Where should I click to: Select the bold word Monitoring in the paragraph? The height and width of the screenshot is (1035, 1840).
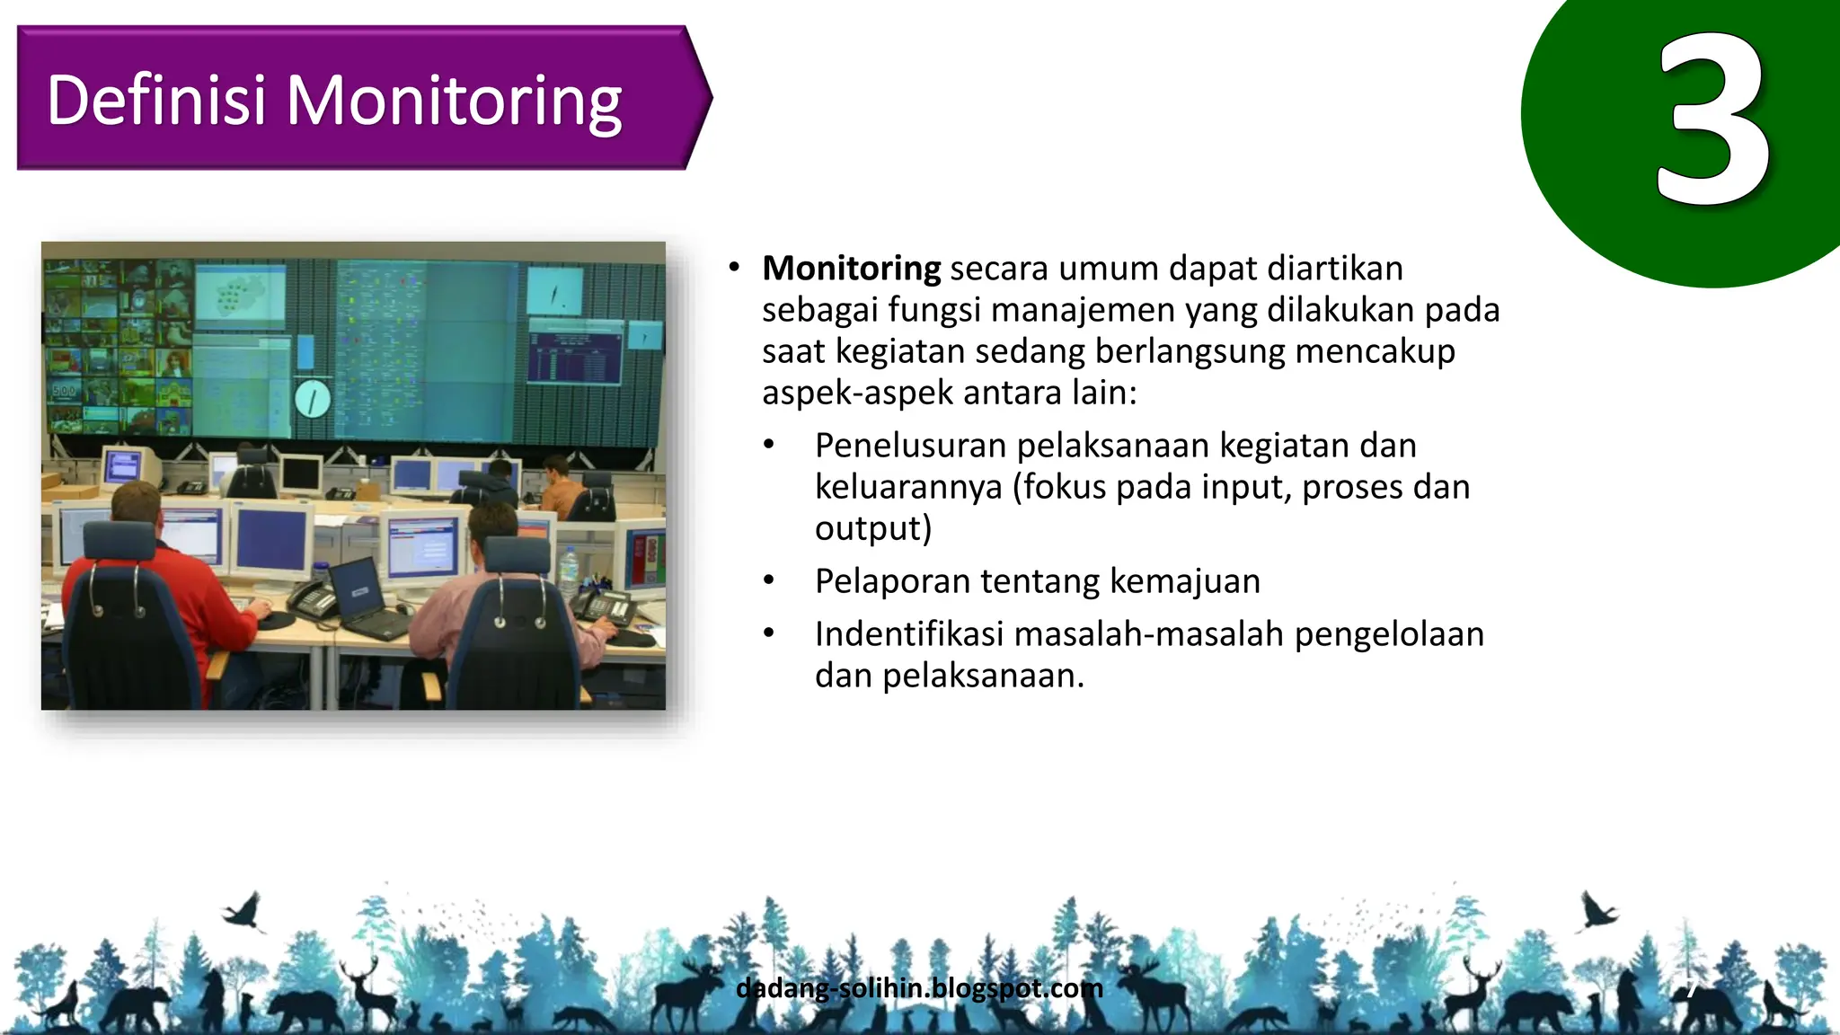point(851,269)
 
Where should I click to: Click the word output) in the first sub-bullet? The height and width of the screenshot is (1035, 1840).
point(872,528)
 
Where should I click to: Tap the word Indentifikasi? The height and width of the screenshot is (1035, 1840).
point(909,634)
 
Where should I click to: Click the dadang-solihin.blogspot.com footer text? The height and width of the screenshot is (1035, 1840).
point(918,988)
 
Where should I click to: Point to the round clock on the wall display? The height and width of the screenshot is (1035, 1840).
point(313,398)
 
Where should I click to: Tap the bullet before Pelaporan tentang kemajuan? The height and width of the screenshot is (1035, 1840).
point(768,581)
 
